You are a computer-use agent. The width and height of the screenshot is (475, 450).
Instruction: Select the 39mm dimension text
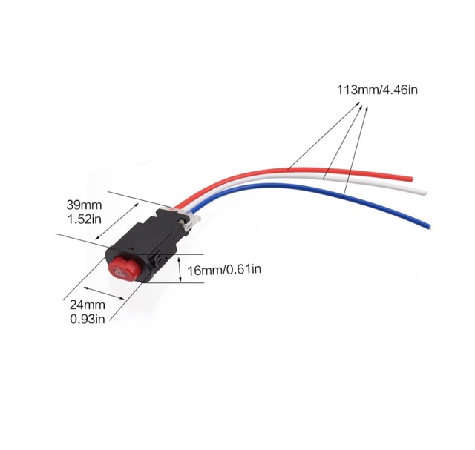click(85, 204)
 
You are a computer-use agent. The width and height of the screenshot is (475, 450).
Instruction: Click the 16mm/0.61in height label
click(223, 269)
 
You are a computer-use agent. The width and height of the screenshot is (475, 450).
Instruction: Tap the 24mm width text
click(88, 305)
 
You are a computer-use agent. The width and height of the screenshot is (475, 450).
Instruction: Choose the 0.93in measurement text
click(88, 319)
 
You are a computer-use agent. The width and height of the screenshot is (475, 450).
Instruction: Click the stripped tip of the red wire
click(407, 178)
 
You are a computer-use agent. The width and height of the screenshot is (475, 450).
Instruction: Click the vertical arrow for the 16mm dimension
click(180, 270)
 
